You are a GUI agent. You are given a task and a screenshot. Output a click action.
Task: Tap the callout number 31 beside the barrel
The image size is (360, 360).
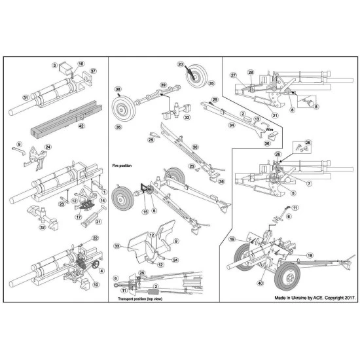pos(25,98)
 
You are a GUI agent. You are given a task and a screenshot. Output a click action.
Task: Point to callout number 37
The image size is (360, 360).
pos(94,71)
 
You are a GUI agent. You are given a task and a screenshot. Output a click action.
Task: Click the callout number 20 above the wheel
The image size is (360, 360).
pos(181,64)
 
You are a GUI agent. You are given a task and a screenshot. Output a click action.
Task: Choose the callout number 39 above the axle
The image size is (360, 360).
pos(164,84)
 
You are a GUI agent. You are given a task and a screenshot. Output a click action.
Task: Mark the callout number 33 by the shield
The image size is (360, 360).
pos(117,245)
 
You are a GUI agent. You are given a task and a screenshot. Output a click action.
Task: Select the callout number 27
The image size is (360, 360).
pos(232,76)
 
